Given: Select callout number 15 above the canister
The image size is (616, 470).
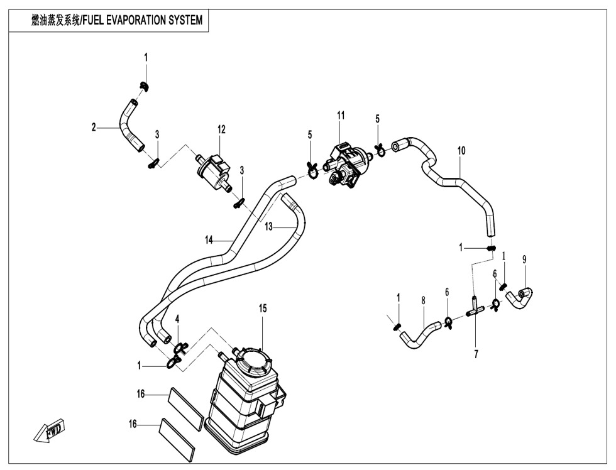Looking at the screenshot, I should pos(263,308).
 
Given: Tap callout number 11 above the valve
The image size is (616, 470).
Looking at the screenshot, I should pos(341,115).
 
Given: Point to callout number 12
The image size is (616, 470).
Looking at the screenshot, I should pos(221,129).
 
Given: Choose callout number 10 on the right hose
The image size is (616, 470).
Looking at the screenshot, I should pos(461,151).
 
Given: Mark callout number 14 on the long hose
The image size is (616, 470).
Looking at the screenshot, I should pos(209,239).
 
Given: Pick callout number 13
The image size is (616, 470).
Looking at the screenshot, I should pos(268,227).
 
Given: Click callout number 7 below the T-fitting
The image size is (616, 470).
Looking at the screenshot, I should pos(476,354).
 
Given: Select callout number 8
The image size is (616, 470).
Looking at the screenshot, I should pos(424,301).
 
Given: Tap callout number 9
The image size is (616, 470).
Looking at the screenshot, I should pos(524,258).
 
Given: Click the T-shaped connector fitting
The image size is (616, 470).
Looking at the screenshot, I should pos(475,310).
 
